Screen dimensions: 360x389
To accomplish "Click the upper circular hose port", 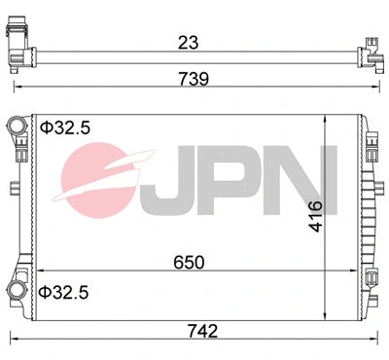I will [x=19, y=126].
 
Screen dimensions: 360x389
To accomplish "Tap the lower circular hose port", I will [x=19, y=291].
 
